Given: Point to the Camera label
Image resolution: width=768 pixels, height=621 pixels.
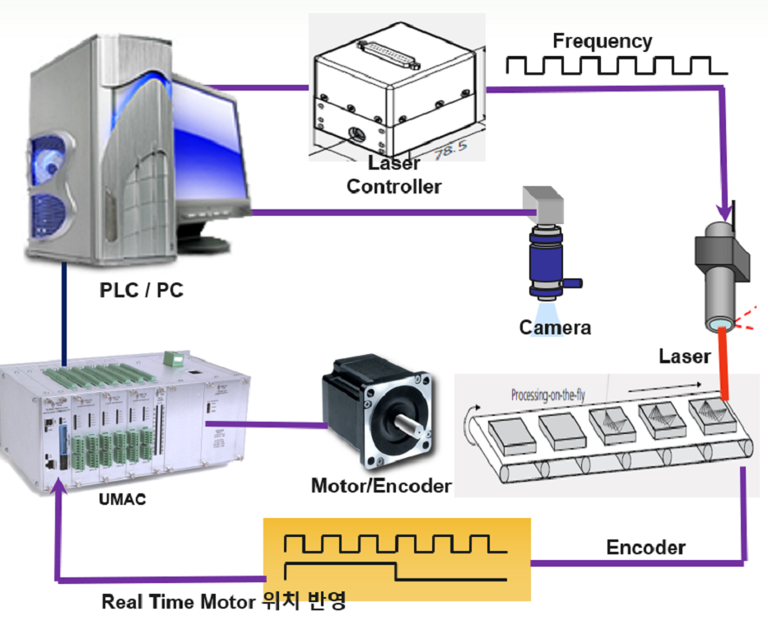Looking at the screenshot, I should [555, 328].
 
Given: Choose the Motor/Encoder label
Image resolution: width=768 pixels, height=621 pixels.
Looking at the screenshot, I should [381, 486].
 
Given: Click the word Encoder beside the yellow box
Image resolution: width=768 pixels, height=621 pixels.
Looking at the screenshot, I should [645, 548].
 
